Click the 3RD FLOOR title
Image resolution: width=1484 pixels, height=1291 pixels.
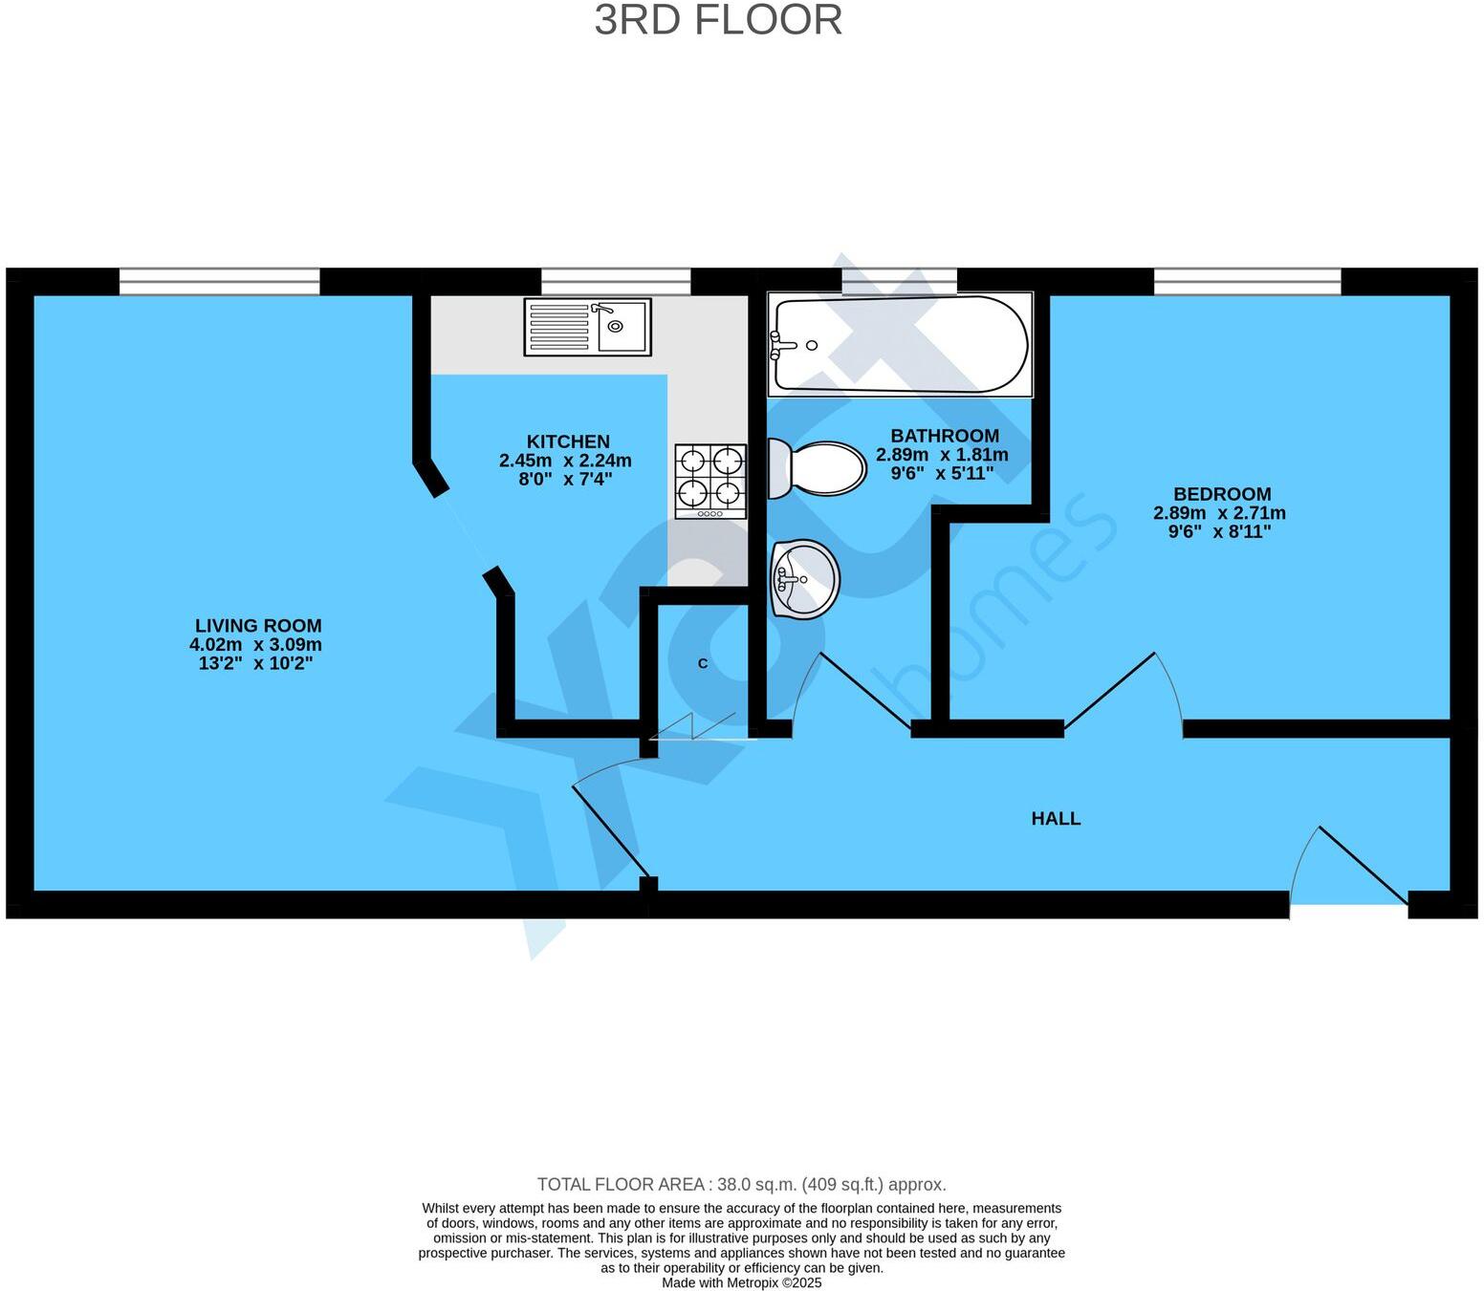coord(717,20)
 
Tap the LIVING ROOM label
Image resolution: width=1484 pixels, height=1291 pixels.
coord(258,626)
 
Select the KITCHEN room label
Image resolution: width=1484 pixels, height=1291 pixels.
coord(568,441)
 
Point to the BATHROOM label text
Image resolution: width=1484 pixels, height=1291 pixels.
coord(945,436)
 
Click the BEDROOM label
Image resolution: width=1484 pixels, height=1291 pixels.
coord(1222,494)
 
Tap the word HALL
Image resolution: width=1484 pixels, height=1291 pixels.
coord(1056,818)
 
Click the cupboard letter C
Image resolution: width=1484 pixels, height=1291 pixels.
coord(702,663)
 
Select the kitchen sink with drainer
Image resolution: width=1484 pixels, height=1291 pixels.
coord(587,327)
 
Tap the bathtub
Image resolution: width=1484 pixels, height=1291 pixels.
coord(900,344)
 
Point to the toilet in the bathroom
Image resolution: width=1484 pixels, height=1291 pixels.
coord(817,468)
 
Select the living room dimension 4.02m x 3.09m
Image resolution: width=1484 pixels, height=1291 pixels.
coord(256,644)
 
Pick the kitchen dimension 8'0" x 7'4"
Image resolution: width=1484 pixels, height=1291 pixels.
coord(566,479)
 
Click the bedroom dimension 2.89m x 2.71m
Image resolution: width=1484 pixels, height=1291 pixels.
coord(1219,513)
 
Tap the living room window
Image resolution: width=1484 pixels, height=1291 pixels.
coord(219,281)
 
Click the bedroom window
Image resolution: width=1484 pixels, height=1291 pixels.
coord(1248,281)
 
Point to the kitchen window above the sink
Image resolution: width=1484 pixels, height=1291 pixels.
coord(616,281)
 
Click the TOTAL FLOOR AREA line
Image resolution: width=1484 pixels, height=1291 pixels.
coord(741,1184)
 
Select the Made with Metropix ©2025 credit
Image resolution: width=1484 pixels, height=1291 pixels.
coord(741,1283)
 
